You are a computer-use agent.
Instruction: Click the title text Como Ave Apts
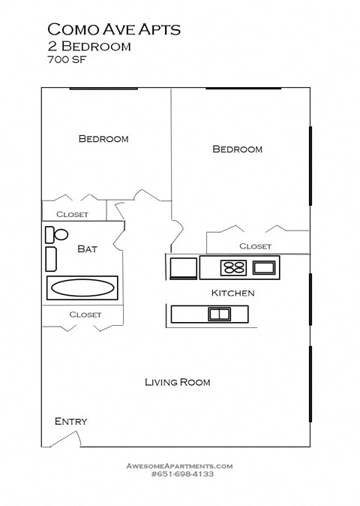[x=114, y=29]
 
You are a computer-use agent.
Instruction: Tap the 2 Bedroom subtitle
[x=89, y=47]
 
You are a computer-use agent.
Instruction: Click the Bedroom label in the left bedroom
[x=103, y=139]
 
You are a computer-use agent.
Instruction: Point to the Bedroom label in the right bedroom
[x=238, y=149]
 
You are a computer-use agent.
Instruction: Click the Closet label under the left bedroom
[x=72, y=215]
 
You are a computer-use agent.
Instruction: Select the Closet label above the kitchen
[x=255, y=246]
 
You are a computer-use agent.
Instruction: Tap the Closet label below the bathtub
[x=85, y=315]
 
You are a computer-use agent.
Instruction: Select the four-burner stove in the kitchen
[x=233, y=267]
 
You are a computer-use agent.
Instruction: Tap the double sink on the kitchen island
[x=218, y=315]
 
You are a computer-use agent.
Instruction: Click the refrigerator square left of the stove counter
[x=183, y=267]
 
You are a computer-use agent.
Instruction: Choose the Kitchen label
[x=232, y=293]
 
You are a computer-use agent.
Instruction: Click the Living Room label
[x=177, y=382]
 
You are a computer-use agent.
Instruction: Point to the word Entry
[x=70, y=421]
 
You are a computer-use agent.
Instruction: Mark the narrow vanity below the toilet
[x=52, y=258]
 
